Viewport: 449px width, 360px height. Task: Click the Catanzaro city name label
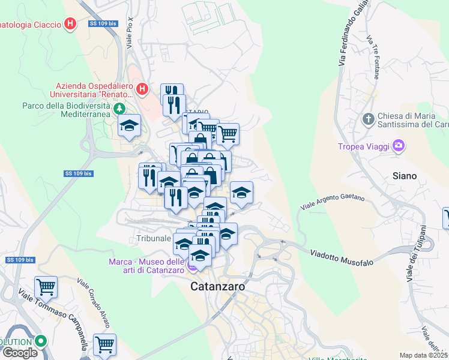217,287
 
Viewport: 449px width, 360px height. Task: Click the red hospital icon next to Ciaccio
71,25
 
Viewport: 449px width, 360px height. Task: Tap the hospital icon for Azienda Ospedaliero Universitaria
142,90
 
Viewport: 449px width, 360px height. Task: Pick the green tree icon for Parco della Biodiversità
120,109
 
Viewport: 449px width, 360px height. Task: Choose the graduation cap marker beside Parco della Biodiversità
129,126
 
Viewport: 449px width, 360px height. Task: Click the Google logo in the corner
20,353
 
